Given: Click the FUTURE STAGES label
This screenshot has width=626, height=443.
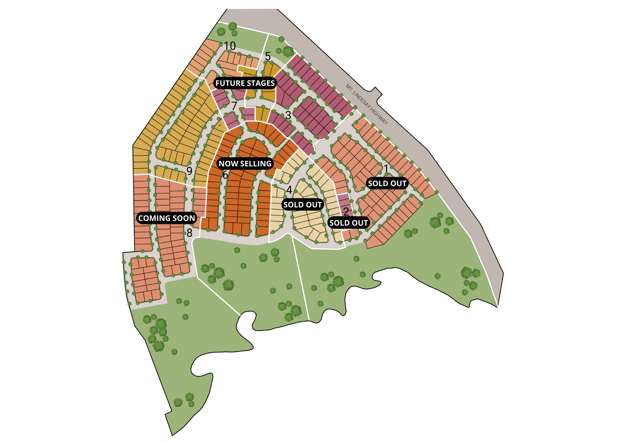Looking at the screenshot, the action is click(245, 83).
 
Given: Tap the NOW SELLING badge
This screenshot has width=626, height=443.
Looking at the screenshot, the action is click(245, 164).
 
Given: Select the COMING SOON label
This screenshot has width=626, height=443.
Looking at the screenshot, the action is click(167, 218).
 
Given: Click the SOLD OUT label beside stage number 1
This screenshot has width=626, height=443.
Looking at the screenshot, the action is click(387, 183).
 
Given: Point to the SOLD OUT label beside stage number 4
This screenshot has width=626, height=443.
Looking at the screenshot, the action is click(303, 205).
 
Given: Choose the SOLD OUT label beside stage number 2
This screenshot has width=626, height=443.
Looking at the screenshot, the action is click(349, 223).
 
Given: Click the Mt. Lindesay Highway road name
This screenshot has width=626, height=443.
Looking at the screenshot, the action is click(367, 104).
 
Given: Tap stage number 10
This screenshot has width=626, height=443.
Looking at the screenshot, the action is click(229, 46).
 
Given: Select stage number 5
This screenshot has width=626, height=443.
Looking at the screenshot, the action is click(268, 56).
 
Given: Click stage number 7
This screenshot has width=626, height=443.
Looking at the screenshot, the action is click(234, 106).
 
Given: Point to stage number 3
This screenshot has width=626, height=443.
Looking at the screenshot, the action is click(288, 115).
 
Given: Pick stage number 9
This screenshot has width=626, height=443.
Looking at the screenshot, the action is click(189, 171).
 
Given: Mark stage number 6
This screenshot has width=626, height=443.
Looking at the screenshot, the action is click(225, 175).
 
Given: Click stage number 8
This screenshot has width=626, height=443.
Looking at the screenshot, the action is click(189, 233).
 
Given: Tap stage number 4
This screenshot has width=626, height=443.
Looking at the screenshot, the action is click(289, 190).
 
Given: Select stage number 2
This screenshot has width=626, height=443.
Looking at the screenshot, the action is click(346, 212).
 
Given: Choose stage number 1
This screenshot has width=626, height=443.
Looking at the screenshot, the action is click(386, 169).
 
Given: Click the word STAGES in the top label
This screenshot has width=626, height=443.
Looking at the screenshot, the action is click(260, 83).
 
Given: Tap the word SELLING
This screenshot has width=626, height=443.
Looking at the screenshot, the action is click(256, 164).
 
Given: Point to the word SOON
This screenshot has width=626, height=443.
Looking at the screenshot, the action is click(185, 218).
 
